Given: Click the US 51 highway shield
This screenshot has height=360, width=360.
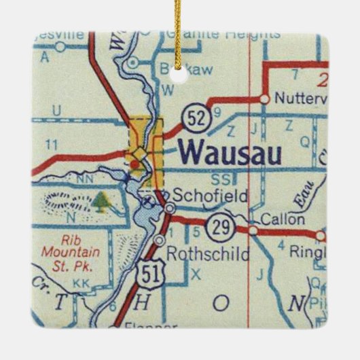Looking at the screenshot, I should (x=144, y=276).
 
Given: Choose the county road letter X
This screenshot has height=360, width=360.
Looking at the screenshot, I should (x=197, y=275).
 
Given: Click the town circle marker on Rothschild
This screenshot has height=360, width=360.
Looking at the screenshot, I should (x=160, y=240).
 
